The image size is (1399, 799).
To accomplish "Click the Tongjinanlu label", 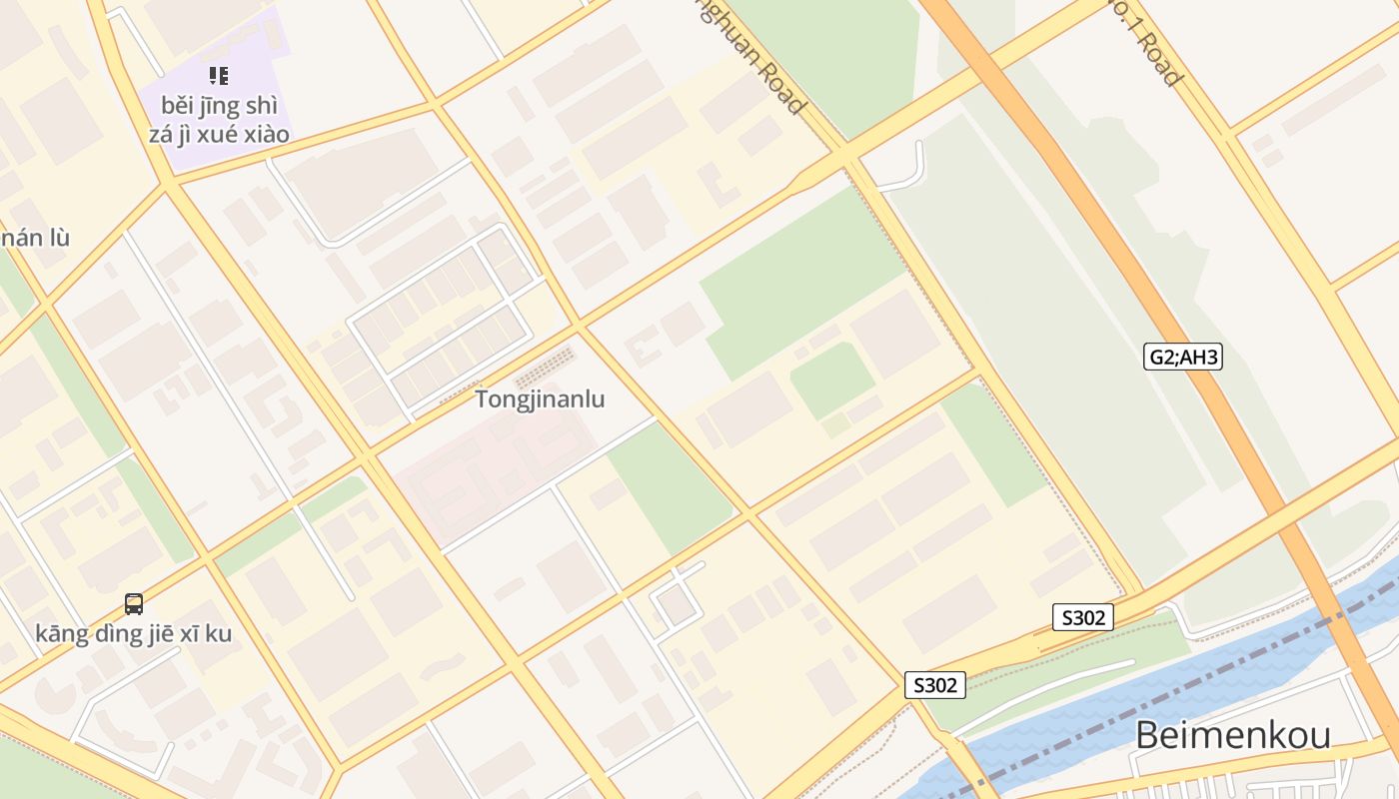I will (x=540, y=399).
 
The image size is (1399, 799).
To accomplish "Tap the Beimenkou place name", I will (x=1233, y=736).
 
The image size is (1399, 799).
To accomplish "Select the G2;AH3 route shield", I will (x=1183, y=357).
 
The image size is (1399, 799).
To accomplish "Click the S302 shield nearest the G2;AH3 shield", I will (x=1083, y=617).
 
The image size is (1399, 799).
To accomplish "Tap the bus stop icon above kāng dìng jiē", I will (x=134, y=603).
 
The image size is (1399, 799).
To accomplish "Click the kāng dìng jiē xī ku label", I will (x=134, y=633).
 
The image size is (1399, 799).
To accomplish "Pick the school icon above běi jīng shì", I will (x=219, y=76).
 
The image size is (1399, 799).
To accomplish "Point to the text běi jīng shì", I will (x=219, y=106).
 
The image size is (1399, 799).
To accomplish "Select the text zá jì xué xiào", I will (x=219, y=134).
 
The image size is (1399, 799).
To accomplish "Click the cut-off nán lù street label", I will (x=34, y=238).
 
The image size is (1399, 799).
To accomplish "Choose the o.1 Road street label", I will (x=1149, y=40).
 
